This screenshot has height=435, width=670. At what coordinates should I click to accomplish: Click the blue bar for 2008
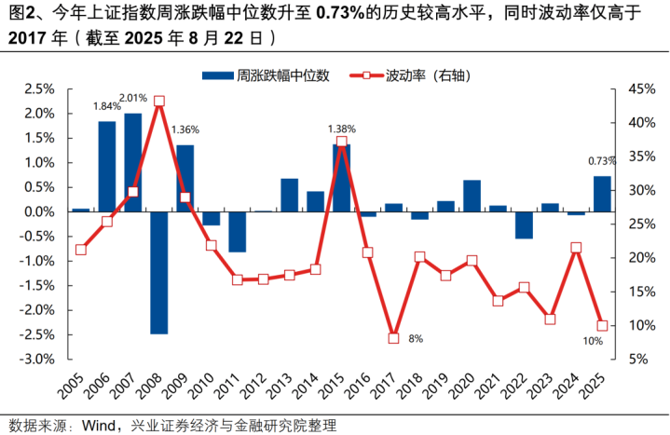[159, 272]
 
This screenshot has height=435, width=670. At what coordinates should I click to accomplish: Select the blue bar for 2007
[133, 162]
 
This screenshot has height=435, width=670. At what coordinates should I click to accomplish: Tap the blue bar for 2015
[341, 178]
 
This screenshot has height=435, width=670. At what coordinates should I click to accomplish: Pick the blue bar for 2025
[602, 194]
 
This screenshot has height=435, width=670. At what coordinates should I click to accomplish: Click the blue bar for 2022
[524, 224]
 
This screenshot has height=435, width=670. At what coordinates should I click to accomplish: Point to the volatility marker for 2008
[159, 101]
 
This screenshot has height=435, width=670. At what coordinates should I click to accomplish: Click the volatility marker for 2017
[393, 338]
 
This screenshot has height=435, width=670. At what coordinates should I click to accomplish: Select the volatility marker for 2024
[576, 248]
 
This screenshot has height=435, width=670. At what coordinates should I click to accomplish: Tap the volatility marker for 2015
[341, 142]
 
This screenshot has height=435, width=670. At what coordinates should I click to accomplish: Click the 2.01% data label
[133, 98]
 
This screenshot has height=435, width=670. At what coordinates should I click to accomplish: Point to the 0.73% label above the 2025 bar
[601, 161]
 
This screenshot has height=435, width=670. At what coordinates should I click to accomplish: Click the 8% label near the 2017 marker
[416, 339]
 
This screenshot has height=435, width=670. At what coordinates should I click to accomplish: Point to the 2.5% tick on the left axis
[40, 89]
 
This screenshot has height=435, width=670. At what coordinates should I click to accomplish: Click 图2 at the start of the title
[21, 14]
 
